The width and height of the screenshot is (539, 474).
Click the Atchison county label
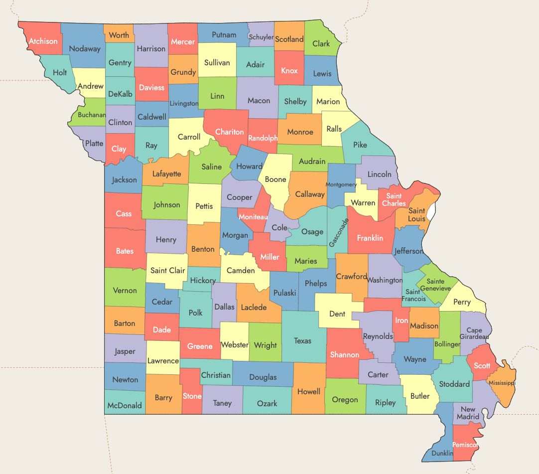pos(43,41)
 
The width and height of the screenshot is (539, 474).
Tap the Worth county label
pos(119,35)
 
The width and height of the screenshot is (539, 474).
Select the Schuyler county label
pos(261,37)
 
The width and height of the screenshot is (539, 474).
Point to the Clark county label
pos(321,44)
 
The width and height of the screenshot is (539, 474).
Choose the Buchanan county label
pos(92,115)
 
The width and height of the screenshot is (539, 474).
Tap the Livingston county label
pos(184,104)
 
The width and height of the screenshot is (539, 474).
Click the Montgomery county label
pos(341,184)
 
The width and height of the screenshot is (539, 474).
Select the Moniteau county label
pos(253,217)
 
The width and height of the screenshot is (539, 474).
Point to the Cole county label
pos(279,227)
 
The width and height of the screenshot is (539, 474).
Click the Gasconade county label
pos(337,232)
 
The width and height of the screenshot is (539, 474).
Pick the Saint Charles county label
pos(394,200)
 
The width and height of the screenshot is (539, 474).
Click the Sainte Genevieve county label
pos(435,285)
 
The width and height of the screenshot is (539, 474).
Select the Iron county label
pos(402,320)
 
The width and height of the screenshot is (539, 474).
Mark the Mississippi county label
pos(502,383)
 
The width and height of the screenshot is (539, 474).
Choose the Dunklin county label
pos(442,453)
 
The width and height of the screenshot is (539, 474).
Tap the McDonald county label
pos(125,406)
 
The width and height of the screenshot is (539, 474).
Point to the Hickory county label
pos(203,281)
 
